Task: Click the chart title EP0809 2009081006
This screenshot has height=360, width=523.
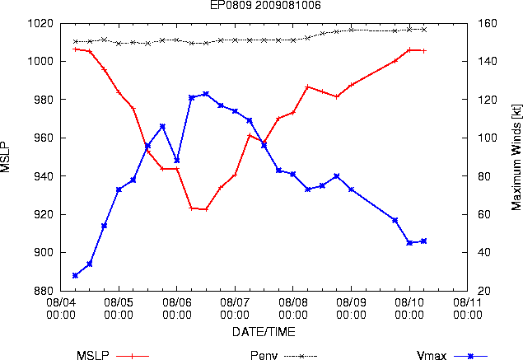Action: pos(265,5)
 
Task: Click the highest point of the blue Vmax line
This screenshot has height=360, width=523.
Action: pos(206,94)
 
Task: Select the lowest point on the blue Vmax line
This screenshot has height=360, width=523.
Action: pos(75,276)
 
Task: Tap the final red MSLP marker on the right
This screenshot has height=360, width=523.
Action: pos(424,51)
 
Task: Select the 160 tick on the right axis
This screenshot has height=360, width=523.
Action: pos(488,23)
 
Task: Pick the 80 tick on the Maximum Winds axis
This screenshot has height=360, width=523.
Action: pos(483,176)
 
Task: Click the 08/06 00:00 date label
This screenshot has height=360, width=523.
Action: pos(177,309)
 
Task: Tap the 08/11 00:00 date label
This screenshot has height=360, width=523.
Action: pos(467,309)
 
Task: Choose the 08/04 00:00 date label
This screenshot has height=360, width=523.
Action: pos(61,309)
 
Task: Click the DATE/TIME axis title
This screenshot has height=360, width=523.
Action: pos(264,332)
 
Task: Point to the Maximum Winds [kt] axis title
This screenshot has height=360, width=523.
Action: pos(516,157)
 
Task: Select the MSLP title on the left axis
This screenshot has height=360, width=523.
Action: pos(5,157)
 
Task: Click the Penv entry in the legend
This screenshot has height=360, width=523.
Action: pos(264,355)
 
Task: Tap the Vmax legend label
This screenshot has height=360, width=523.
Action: pos(432,355)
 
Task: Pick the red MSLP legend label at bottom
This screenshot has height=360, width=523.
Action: pos(93,355)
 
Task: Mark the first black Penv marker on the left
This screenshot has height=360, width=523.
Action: pos(76,42)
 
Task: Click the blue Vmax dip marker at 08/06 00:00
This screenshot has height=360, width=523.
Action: pos(177,161)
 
